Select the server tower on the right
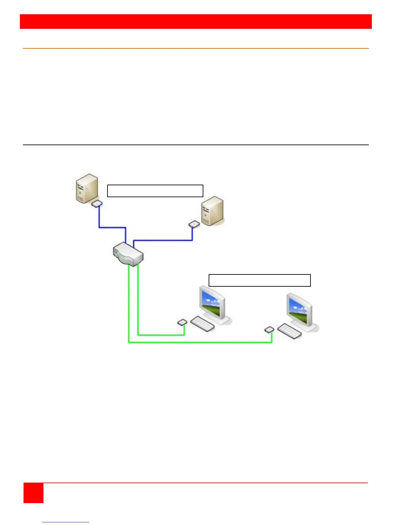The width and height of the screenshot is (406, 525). [x=212, y=211]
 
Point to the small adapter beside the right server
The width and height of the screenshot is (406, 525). [x=194, y=224]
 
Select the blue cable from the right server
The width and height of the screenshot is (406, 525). [x=163, y=240]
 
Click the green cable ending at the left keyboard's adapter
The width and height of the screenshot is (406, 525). [x=161, y=335]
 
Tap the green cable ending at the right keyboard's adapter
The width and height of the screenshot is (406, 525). [x=199, y=342]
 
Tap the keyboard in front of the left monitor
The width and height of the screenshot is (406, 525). [x=202, y=323]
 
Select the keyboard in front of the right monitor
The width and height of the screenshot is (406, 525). [x=289, y=331]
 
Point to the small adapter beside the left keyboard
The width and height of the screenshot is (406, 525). [x=182, y=322]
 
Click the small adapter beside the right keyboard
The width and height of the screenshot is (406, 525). [x=269, y=329]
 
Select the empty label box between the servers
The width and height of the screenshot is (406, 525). [x=155, y=191]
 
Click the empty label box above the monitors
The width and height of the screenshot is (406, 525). [x=259, y=280]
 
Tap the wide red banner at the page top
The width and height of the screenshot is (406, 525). [x=196, y=22]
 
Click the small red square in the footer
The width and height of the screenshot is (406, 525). [x=34, y=493]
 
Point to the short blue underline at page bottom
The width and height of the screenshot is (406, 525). [x=66, y=522]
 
